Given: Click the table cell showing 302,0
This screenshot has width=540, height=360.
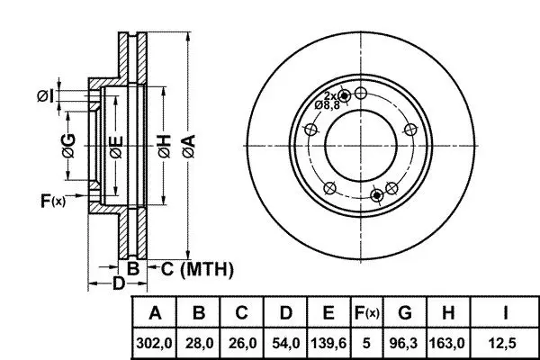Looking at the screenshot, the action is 154,343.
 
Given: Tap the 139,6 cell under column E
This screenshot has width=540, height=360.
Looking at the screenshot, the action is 328,343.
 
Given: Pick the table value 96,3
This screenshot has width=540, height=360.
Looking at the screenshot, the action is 403,343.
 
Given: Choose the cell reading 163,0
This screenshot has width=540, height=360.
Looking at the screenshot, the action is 447,343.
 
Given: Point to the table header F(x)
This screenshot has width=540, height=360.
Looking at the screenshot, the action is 367,313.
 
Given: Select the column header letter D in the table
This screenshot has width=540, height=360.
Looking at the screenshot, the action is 286,313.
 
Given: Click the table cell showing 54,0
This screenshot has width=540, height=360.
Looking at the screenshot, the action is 286,343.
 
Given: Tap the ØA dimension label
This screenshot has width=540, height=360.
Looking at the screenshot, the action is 189,147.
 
